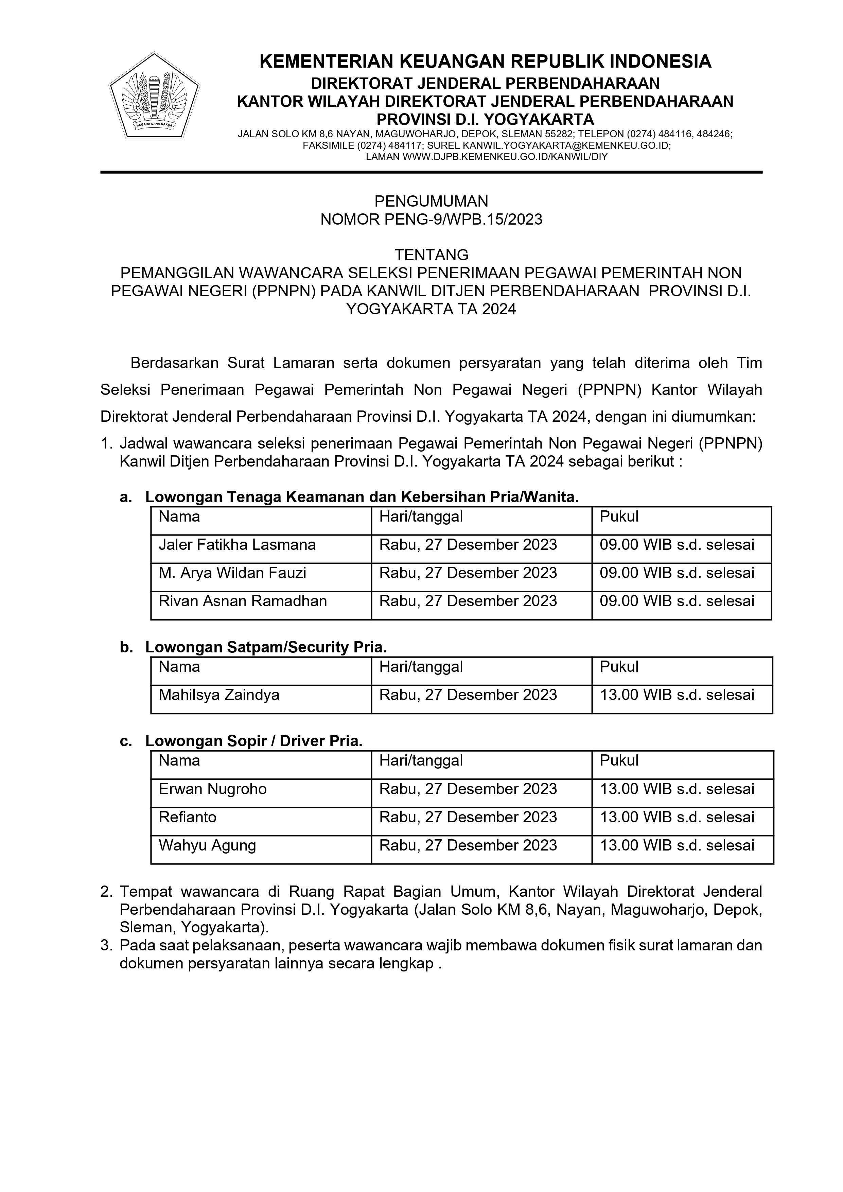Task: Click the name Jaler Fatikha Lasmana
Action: click(x=237, y=545)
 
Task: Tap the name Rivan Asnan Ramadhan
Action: click(x=243, y=601)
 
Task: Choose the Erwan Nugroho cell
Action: click(x=213, y=789)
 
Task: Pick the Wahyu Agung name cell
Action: click(x=208, y=845)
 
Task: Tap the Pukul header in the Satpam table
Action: click(x=619, y=667)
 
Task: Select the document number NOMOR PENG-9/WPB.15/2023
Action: click(x=432, y=220)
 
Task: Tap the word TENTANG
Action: click(x=432, y=255)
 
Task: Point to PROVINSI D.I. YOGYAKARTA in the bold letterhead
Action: click(x=485, y=119)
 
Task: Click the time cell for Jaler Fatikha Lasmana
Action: click(x=677, y=545)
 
